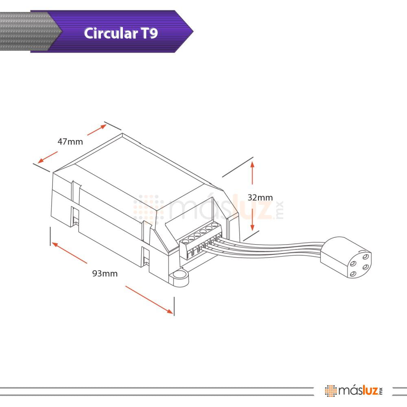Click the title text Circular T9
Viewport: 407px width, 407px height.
(120, 33)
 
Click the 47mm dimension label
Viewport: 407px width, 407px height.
(70, 142)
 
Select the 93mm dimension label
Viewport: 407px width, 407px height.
(105, 274)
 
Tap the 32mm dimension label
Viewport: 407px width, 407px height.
(260, 197)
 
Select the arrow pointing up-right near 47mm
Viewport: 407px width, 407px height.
(97, 130)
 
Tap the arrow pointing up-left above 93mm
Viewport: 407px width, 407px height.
(69, 253)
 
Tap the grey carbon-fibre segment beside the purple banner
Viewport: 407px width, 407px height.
(26, 31)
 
